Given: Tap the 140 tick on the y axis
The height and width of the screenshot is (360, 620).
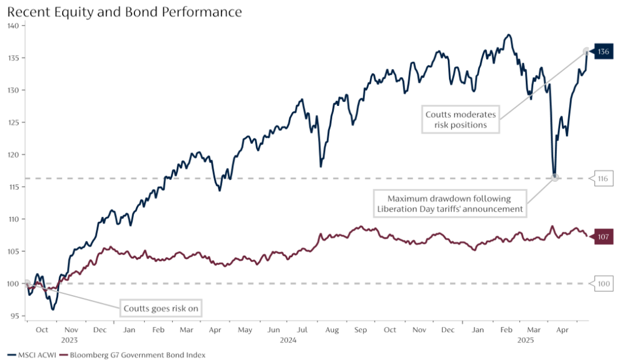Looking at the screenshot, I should point(14,26).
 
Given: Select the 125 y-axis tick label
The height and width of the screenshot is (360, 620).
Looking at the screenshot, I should point(14,122).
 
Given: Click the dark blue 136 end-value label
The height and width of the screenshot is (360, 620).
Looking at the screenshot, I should point(603,52).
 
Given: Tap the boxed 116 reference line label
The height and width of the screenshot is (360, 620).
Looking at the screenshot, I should point(603,179).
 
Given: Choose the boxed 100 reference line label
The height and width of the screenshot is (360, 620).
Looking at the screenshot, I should point(603,283).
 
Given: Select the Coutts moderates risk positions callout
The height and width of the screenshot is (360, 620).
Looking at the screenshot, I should point(461,119).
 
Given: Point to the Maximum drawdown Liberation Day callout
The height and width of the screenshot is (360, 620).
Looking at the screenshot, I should point(449,204).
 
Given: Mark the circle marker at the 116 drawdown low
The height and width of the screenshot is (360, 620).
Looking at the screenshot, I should point(554,177).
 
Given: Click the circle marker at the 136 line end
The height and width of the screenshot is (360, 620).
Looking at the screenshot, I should point(587,51).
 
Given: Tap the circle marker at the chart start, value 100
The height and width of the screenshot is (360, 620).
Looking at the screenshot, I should point(26,283).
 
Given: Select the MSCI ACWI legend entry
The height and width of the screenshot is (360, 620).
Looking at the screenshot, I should point(30,355).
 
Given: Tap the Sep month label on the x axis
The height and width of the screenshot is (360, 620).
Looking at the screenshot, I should point(361,330).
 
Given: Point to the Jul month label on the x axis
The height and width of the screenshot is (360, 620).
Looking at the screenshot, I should point(303,330).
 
